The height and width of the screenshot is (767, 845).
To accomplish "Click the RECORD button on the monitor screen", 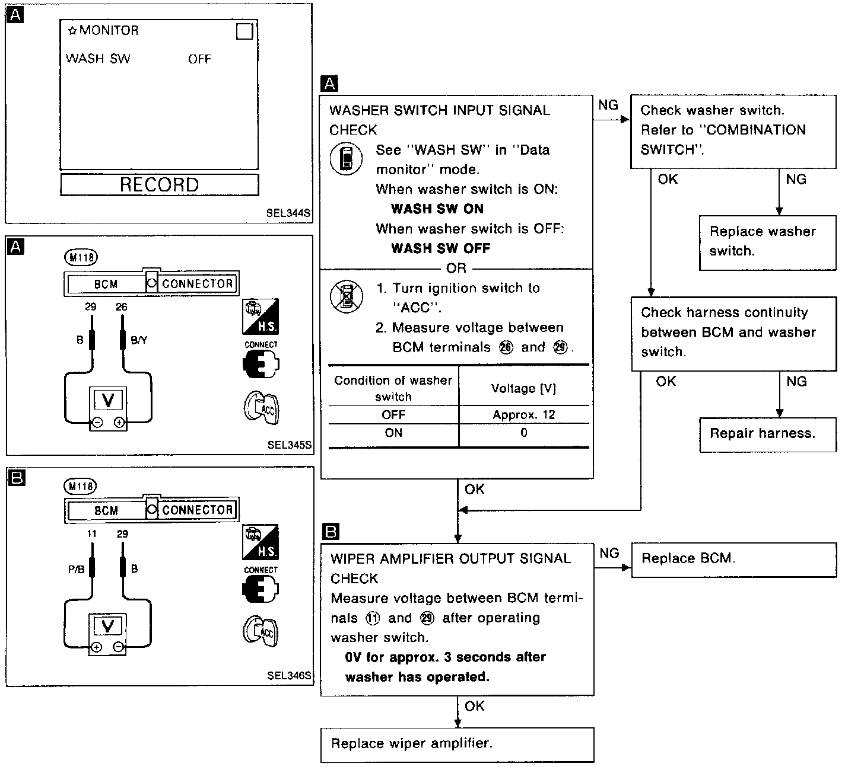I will (x=159, y=184).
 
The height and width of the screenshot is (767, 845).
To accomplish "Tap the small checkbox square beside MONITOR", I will (x=244, y=31).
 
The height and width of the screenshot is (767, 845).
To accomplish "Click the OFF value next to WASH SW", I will (x=199, y=59).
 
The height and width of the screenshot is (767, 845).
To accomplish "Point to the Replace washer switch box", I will (x=767, y=242).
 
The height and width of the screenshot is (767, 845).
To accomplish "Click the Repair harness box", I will (x=767, y=434).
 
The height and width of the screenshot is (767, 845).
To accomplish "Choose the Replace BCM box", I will (x=733, y=559).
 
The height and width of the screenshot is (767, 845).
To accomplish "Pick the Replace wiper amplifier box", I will (x=457, y=744).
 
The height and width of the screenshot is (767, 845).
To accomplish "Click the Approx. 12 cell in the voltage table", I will (x=523, y=415).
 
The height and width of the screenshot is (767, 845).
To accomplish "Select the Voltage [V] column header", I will (x=523, y=388).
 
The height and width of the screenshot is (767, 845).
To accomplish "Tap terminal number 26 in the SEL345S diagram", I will (x=122, y=307).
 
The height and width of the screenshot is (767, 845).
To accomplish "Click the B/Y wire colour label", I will (x=138, y=340).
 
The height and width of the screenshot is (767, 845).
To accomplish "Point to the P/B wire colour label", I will (x=76, y=569).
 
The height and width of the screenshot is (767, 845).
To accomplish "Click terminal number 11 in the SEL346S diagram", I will (x=91, y=534).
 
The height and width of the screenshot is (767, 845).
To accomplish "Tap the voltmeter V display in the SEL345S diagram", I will (x=108, y=400).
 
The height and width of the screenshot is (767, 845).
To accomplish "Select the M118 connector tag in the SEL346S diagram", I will (x=80, y=487).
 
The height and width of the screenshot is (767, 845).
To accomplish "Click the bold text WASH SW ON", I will (x=437, y=209).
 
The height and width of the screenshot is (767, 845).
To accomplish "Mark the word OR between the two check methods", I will (x=456, y=269).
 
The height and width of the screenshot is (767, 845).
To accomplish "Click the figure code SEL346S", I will (x=289, y=676).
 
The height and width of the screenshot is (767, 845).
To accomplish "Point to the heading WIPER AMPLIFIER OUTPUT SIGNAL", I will (x=450, y=558).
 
